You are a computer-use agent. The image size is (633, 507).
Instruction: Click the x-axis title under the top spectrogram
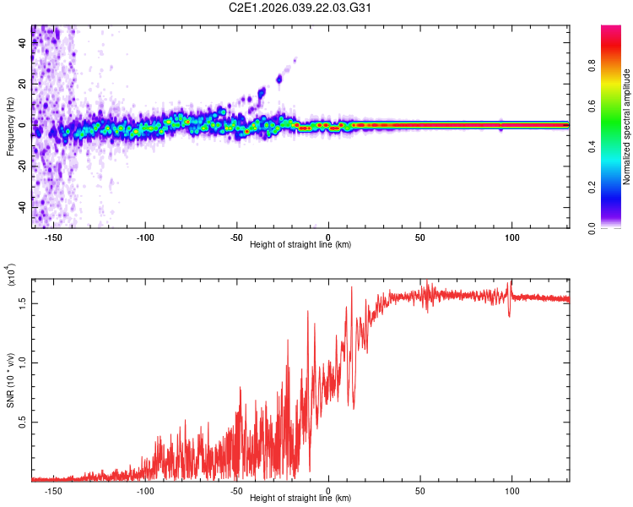click(300, 244)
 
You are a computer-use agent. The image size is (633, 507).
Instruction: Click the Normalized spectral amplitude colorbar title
click(627, 127)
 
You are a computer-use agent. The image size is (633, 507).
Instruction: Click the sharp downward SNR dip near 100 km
click(510, 314)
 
